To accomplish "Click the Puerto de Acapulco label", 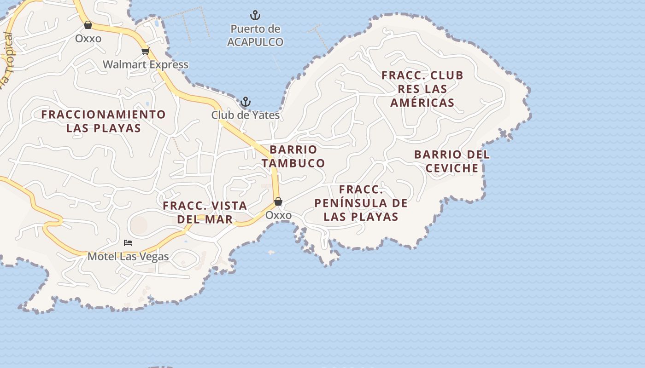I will tap(255, 35).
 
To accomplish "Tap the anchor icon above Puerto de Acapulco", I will tap(255, 15).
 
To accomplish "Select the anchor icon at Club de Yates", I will tap(246, 102).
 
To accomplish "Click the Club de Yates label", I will tap(246, 115).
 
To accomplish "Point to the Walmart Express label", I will tap(146, 64).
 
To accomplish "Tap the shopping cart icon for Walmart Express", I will tap(145, 51).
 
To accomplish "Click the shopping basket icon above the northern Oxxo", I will tap(88, 25).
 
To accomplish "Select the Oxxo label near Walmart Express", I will tap(88, 39).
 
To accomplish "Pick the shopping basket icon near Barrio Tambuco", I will tap(278, 201).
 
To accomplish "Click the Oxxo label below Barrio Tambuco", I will tap(278, 215).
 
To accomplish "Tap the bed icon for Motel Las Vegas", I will tap(128, 242).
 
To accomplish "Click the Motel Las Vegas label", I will tap(128, 256).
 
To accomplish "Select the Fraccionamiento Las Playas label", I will tap(104, 121).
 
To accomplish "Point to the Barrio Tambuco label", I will tap(293, 156).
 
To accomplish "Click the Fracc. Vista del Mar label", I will tap(205, 212).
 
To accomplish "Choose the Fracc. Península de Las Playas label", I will tap(361, 203).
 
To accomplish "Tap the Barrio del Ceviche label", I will tap(452, 161).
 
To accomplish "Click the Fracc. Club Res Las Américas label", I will tap(422, 89).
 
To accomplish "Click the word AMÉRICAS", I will tap(422, 103).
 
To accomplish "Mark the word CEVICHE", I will tap(452, 168).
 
